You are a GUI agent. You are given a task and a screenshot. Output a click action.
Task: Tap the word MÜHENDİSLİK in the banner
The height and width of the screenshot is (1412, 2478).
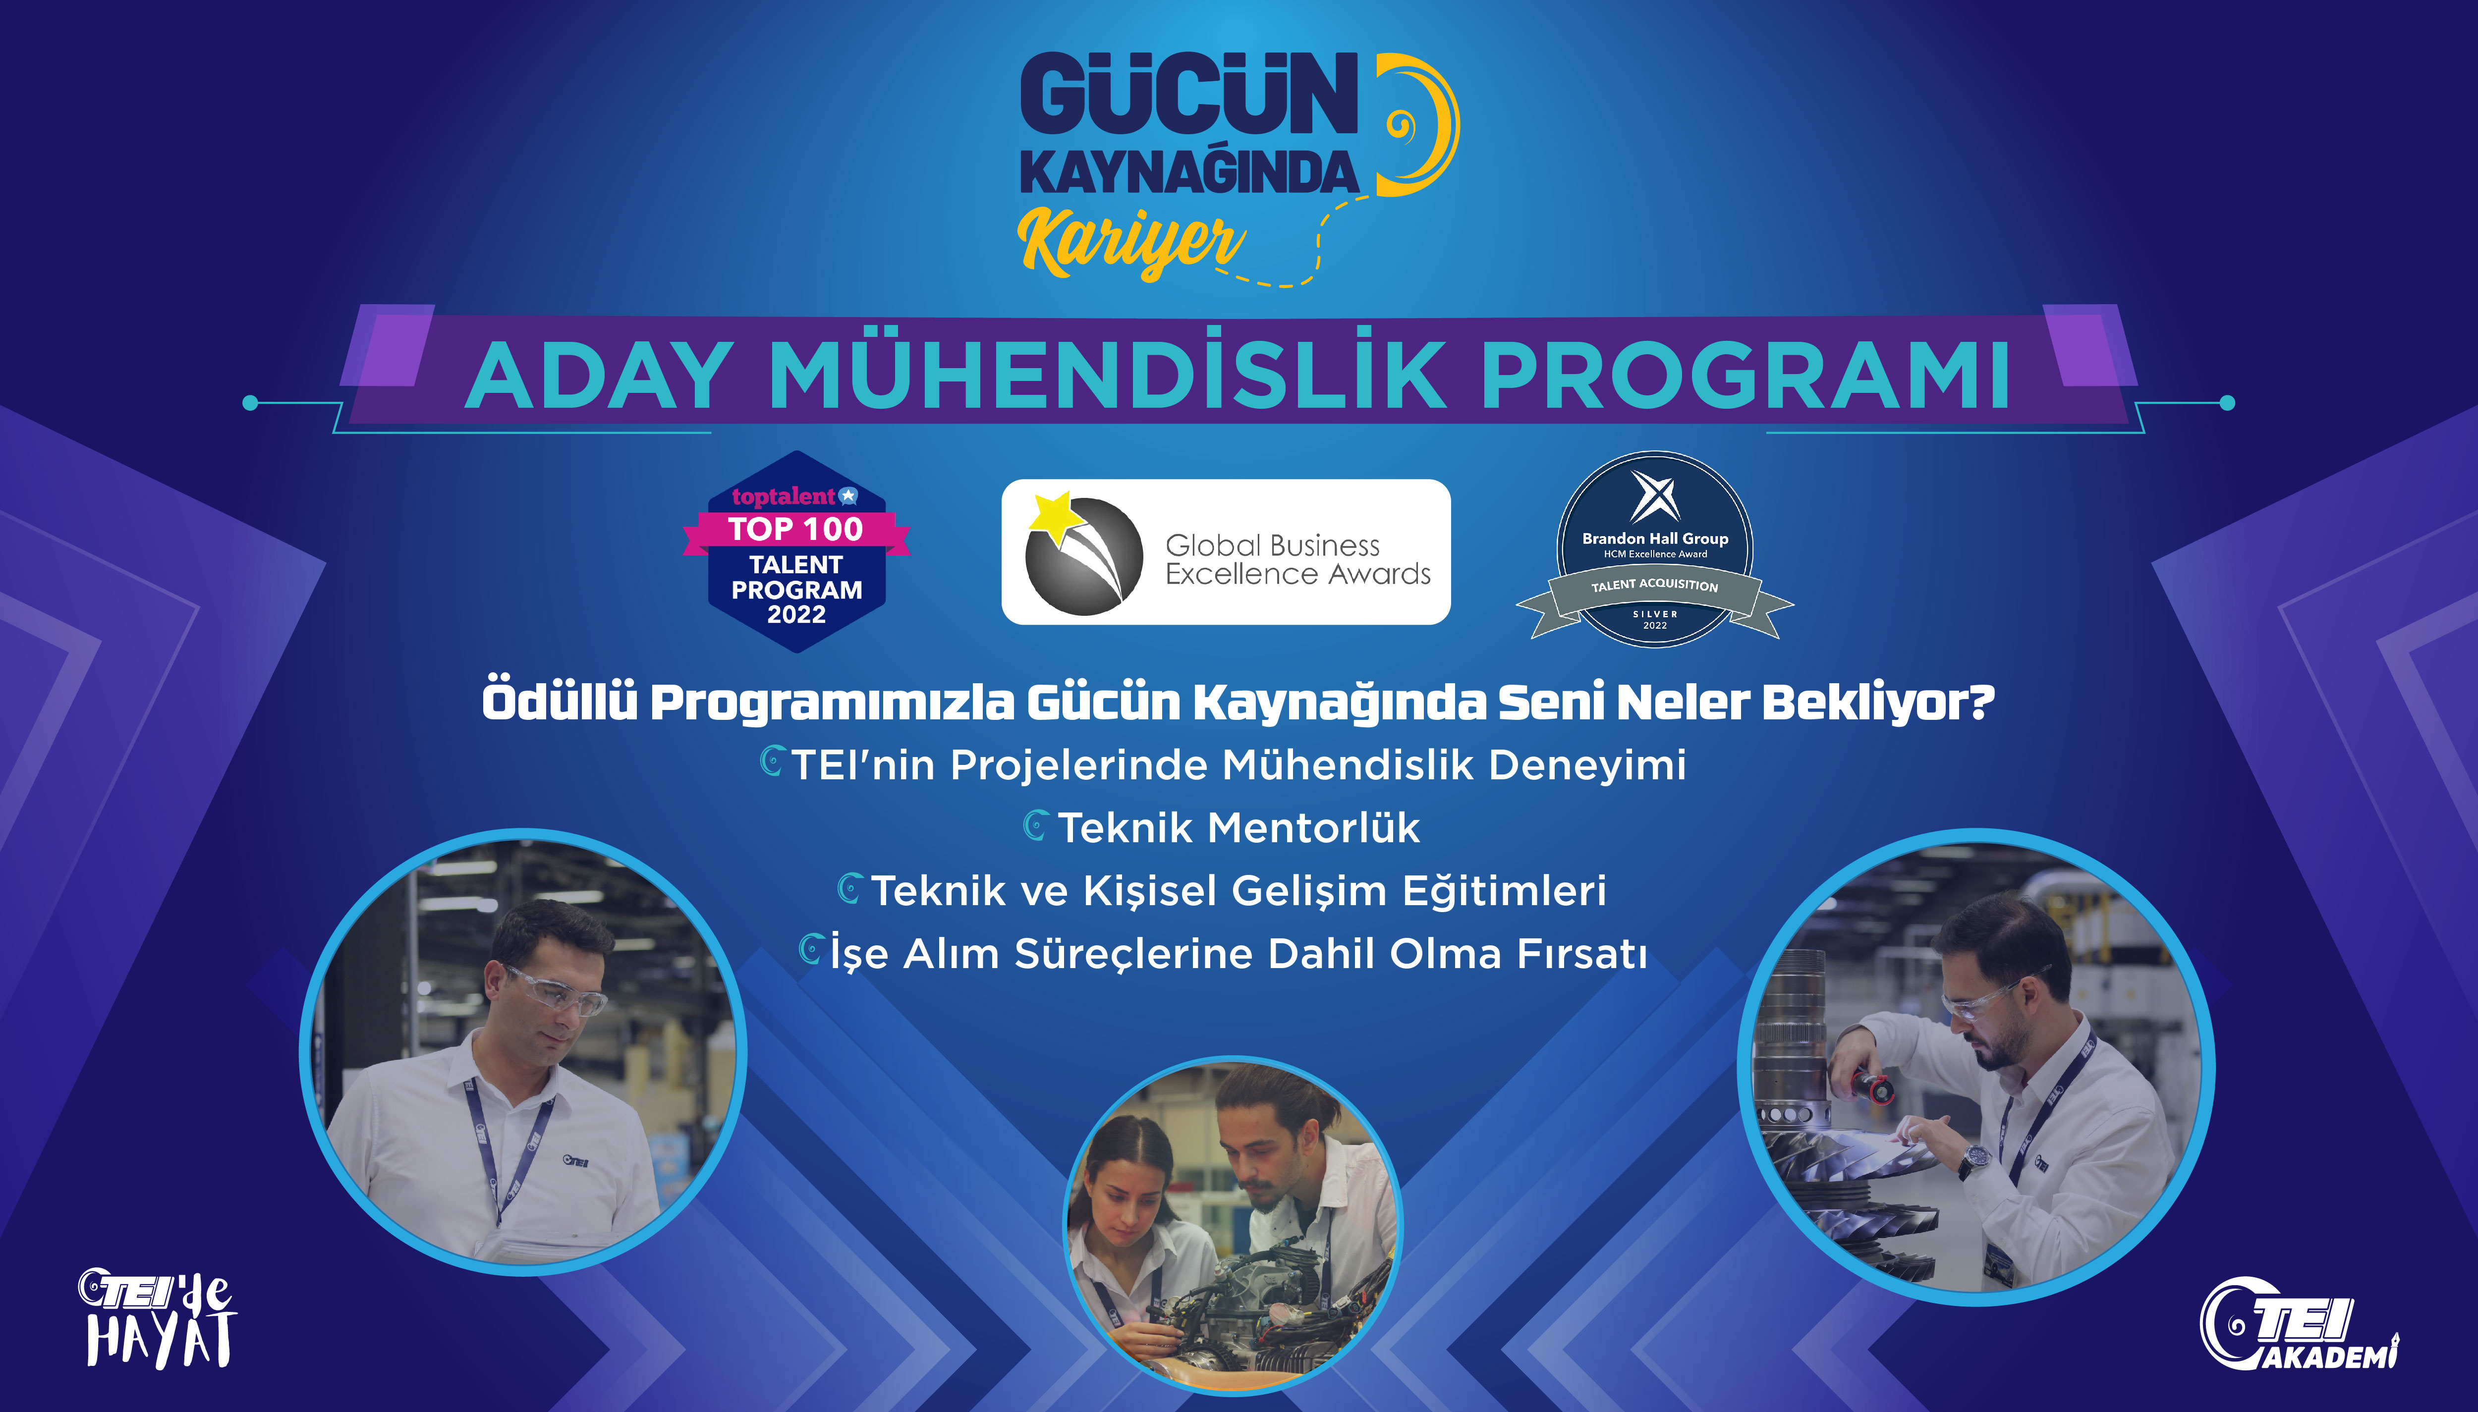pos(1108,376)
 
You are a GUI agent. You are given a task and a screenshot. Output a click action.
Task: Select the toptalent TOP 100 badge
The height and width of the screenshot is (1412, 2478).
pos(796,551)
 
